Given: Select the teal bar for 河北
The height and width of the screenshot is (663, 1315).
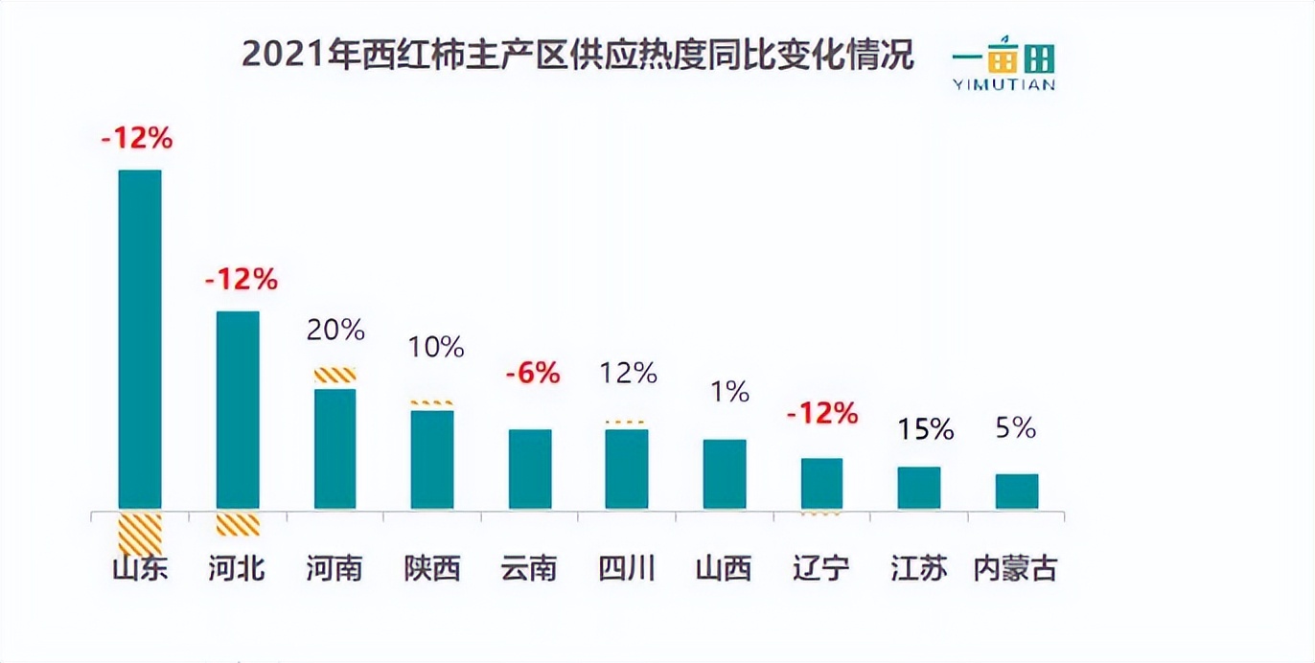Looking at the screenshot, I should click(238, 409).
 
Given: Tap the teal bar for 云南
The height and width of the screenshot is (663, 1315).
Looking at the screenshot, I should click(530, 469).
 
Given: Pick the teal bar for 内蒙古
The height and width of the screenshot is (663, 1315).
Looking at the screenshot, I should click(1017, 491).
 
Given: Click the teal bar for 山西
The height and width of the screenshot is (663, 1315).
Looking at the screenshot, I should click(725, 473).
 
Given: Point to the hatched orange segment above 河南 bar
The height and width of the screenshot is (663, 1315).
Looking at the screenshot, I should click(335, 376).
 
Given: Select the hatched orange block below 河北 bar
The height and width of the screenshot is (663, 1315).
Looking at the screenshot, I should click(238, 524).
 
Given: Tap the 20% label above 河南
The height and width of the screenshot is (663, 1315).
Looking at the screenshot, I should click(335, 330).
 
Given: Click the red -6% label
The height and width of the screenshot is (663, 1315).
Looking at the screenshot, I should click(532, 373).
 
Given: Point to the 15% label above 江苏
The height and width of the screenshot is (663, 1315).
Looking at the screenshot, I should click(926, 429).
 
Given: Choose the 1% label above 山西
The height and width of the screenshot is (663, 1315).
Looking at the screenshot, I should click(730, 391).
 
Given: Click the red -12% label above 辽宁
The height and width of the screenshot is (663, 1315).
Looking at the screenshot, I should click(821, 414).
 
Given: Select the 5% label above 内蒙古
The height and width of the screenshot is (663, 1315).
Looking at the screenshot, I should click(1017, 428).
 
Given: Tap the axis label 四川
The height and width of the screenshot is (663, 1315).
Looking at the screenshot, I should click(627, 568).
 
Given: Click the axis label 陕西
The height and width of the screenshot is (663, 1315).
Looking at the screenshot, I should click(432, 568).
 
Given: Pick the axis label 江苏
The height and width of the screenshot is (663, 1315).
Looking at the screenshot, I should click(918, 568).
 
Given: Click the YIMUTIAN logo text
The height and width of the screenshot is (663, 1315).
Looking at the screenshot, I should click(1004, 84).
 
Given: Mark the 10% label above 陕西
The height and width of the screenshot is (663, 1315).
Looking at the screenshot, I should click(436, 347).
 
